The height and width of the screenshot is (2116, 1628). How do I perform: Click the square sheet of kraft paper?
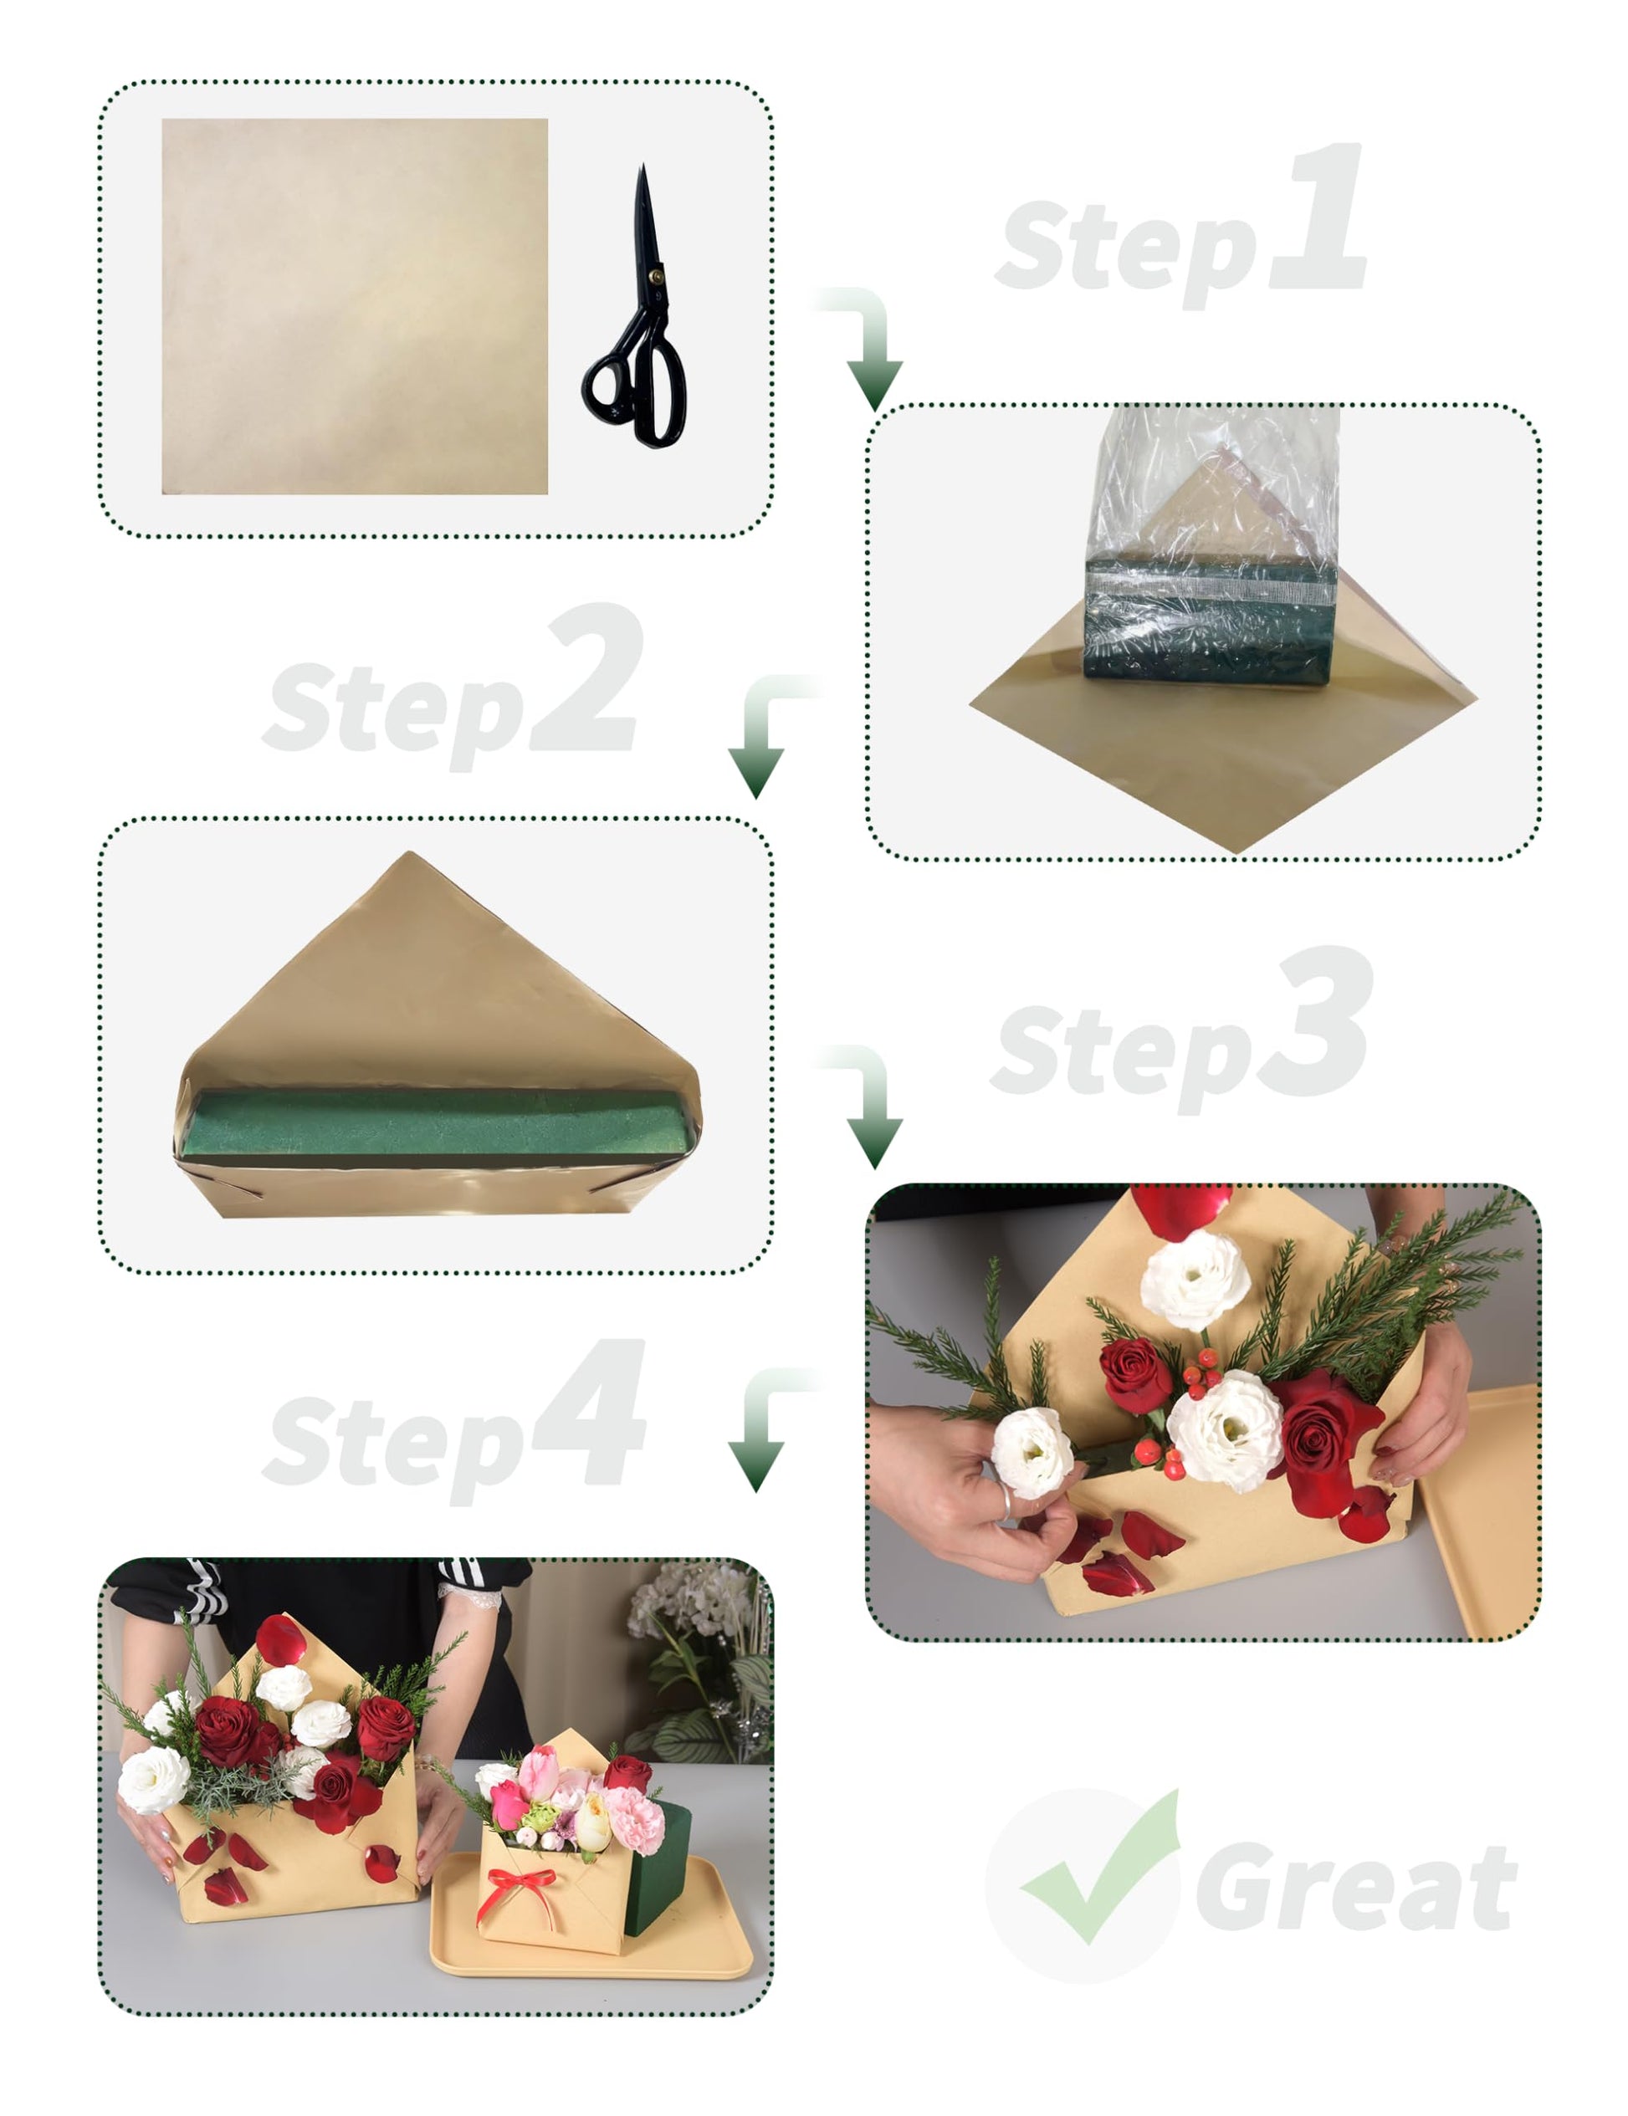click(355, 306)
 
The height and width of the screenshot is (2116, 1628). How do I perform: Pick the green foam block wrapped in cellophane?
click(1210, 620)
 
